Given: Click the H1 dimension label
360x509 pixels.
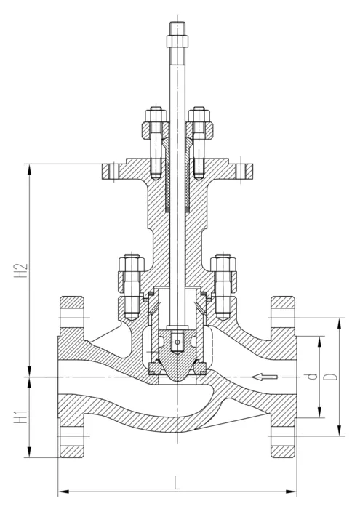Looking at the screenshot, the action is pyautogui.click(x=21, y=417).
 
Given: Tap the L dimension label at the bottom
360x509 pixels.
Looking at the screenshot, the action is pyautogui.click(x=177, y=483).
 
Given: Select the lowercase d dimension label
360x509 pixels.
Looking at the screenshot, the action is pyautogui.click(x=313, y=377).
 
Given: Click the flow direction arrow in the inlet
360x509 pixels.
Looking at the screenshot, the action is pyautogui.click(x=265, y=377).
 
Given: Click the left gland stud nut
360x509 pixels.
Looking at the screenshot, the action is pyautogui.click(x=156, y=116).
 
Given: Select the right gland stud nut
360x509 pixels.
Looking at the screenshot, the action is pyautogui.click(x=199, y=116).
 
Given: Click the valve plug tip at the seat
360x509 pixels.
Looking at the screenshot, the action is pyautogui.click(x=177, y=379).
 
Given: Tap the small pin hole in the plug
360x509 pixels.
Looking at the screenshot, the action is pyautogui.click(x=177, y=342).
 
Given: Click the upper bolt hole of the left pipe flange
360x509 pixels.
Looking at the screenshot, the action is pyautogui.click(x=72, y=318).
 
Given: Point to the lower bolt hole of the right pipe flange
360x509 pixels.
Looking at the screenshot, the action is pyautogui.click(x=283, y=436).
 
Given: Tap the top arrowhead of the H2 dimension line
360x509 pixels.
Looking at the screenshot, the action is pyautogui.click(x=30, y=169).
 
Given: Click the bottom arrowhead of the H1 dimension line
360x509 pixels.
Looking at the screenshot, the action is pyautogui.click(x=30, y=452).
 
